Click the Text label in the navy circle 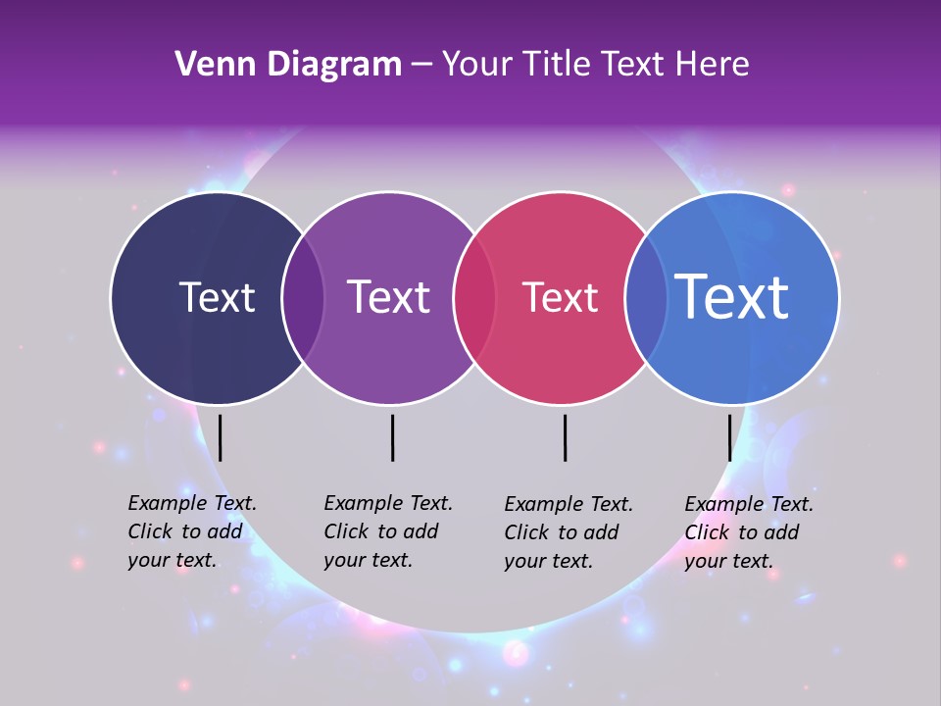click(x=217, y=297)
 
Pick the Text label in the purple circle click(x=388, y=297)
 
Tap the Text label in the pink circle click(x=560, y=297)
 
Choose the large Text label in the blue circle click(x=732, y=297)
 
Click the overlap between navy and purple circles click(x=303, y=298)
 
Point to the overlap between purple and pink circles click(x=474, y=298)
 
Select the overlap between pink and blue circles click(x=646, y=298)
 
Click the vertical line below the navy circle click(x=221, y=437)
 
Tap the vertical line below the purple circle click(x=392, y=437)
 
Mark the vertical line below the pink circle click(x=565, y=437)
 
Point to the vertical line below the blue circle click(x=729, y=437)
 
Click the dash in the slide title click(x=421, y=66)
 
